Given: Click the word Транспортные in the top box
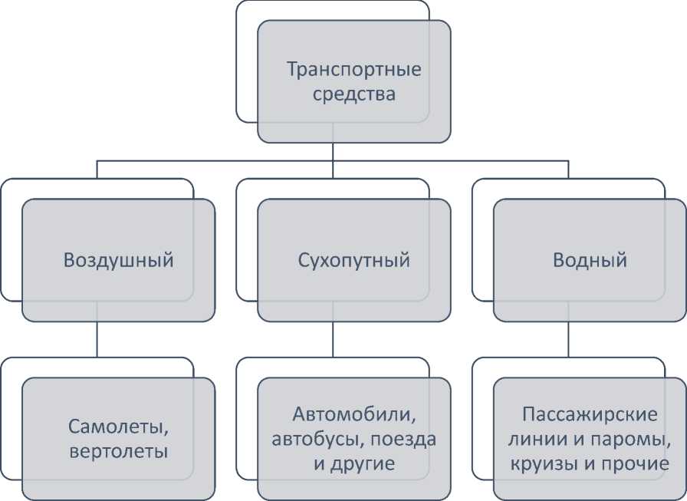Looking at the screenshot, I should tap(354, 71).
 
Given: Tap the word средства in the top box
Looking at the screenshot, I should tap(354, 95).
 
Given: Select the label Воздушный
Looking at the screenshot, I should tap(119, 260).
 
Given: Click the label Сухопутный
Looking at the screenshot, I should tap(354, 260).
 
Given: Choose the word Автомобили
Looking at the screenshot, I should tap(354, 415).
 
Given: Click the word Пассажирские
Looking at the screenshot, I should tap(590, 415).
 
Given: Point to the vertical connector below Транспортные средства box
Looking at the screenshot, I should tap(332, 152).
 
